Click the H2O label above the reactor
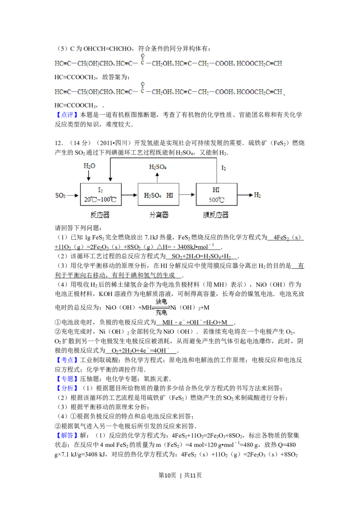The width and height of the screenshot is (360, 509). click(90, 166)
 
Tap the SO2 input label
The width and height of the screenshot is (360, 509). click(60, 195)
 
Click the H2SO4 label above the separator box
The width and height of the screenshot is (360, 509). click(158, 167)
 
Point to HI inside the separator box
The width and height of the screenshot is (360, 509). click(170, 195)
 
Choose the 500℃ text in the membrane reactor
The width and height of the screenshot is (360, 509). click(216, 200)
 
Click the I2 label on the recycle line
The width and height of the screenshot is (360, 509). click(224, 168)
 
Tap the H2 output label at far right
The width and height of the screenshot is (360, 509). click(257, 195)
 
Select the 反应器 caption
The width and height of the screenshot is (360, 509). click(100, 215)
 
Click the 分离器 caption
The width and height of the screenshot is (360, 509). click(158, 215)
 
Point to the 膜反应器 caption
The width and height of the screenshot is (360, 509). click(216, 215)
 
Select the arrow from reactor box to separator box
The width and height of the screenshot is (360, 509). click(129, 195)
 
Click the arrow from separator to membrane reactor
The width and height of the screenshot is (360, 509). click(188, 195)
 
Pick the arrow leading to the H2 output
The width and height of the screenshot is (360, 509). click(245, 195)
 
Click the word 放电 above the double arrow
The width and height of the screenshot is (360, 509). click(161, 302)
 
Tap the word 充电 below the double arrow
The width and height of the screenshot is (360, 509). click(161, 313)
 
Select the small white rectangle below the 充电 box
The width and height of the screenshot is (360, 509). click(151, 372)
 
